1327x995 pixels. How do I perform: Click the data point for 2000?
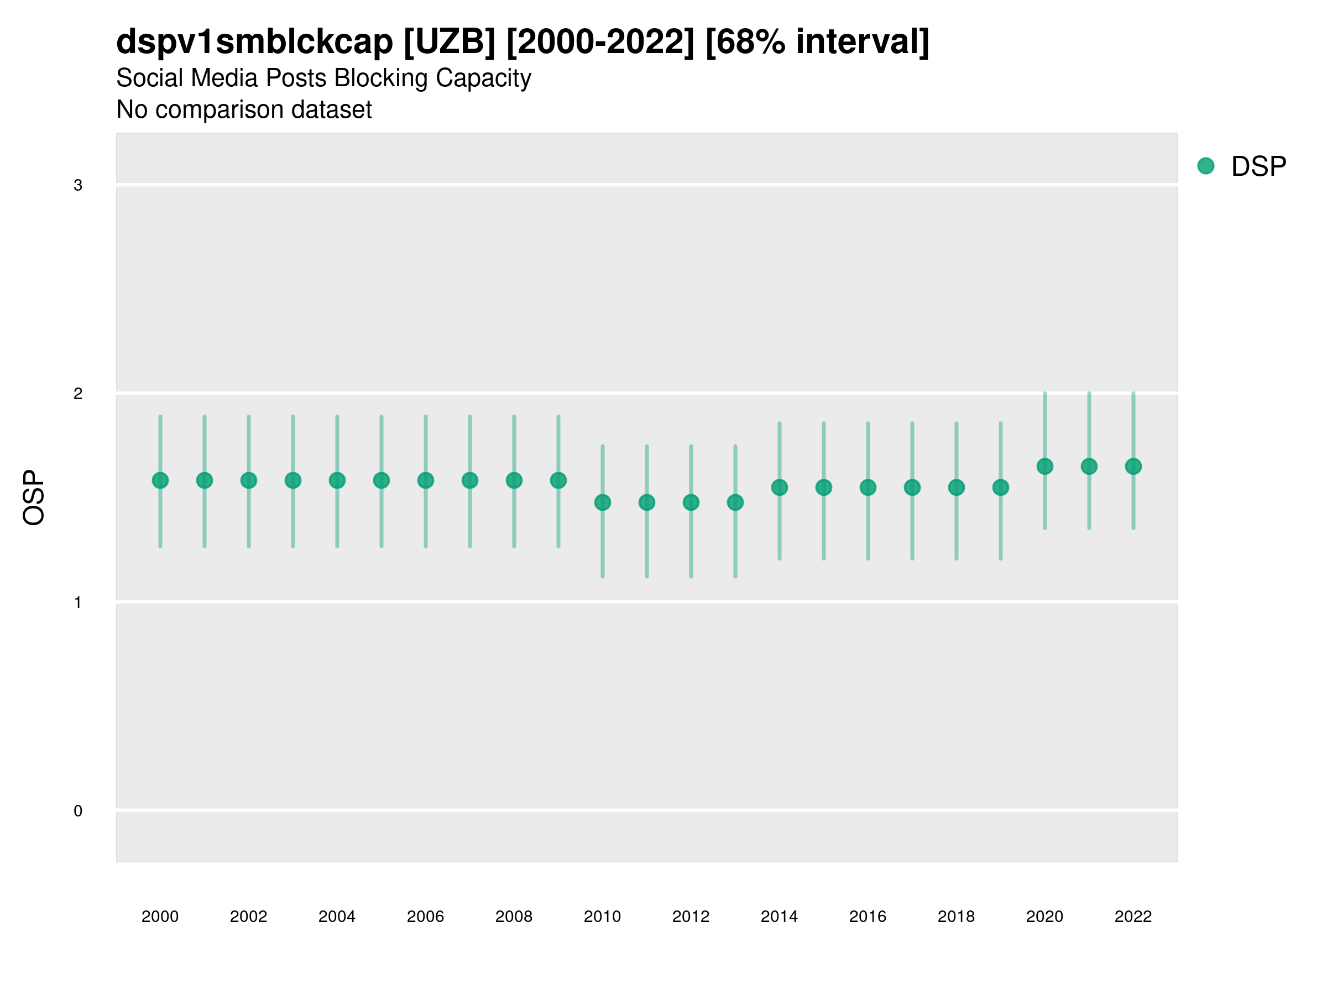160,480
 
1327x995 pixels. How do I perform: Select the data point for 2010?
602,502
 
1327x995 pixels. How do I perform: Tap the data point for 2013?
735,502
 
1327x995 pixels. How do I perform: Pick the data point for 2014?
779,488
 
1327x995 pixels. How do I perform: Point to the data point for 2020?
1045,466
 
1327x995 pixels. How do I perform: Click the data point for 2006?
425,480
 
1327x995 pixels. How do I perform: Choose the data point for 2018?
956,488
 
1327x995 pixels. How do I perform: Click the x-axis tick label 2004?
337,917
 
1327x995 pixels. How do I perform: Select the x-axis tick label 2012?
691,917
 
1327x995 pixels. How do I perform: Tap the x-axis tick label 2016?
868,917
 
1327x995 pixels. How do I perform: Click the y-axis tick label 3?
78,185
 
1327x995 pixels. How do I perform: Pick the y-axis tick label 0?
78,811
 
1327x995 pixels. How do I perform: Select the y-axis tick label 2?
78,394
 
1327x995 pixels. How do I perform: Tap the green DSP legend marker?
1206,166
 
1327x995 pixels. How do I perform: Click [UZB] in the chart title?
450,42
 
